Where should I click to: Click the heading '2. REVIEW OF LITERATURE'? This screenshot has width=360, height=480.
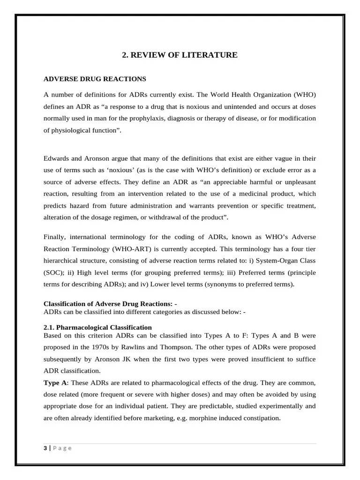click(x=180, y=55)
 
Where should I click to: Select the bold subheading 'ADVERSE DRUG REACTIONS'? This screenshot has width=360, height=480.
click(x=95, y=79)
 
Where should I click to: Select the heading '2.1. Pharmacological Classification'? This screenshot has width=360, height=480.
click(x=97, y=327)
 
